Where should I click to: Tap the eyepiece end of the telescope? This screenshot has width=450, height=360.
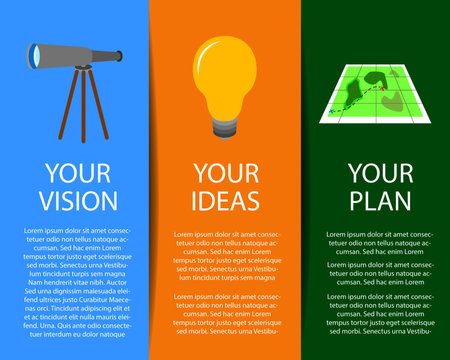119,55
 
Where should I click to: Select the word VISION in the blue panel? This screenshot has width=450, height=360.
76,200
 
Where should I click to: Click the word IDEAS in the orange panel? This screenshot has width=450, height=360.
226,199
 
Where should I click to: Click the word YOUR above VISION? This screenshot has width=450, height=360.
76,170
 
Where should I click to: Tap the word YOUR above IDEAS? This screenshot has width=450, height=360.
226,170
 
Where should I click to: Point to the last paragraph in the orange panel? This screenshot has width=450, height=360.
226,314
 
